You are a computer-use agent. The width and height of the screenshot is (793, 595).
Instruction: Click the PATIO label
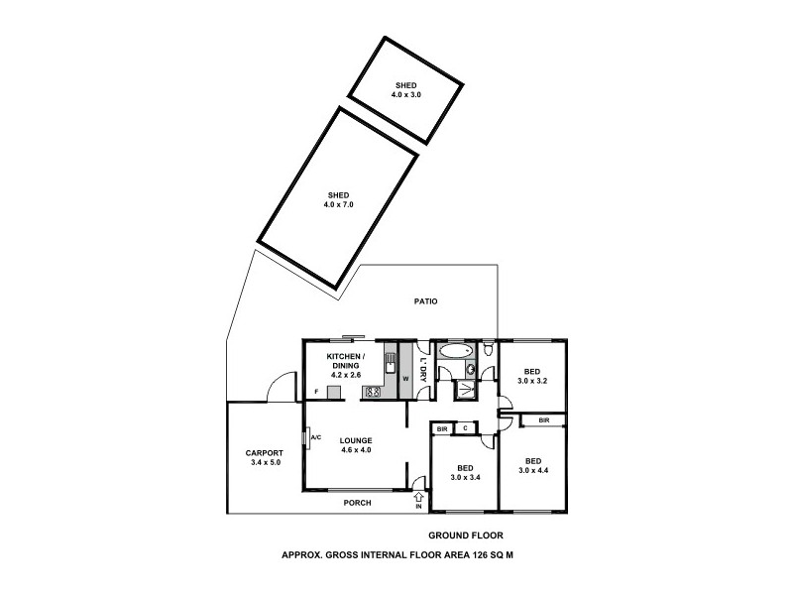coord(427,300)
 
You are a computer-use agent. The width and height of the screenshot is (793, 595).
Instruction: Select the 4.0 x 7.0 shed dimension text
coord(338,203)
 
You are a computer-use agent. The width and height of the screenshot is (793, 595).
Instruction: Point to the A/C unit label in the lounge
coord(314,437)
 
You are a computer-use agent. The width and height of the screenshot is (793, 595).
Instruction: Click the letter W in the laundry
coord(405,378)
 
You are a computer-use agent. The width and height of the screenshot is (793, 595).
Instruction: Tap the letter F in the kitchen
coord(316,393)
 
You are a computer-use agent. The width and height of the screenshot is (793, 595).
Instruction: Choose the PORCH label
coord(357,503)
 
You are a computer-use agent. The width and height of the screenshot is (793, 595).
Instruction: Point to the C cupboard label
coord(465,428)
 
